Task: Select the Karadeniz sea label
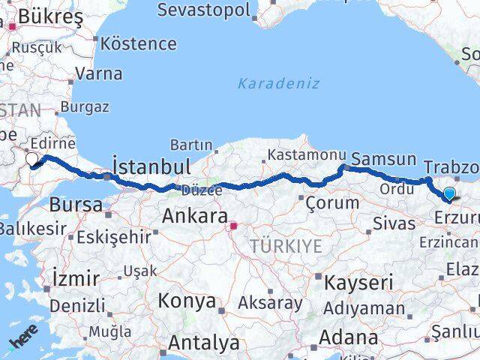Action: tap(279, 83)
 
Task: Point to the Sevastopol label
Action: tap(203, 10)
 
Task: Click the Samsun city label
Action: tap(383, 159)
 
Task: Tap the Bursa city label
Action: tap(75, 204)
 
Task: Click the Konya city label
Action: tap(187, 301)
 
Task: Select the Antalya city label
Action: tap(203, 343)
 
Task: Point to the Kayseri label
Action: tap(358, 283)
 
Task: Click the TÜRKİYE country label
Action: tap(286, 246)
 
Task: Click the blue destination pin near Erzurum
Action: tap(449, 194)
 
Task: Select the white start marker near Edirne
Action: tap(32, 159)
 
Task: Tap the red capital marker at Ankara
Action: tap(234, 224)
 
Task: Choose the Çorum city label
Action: tap(332, 202)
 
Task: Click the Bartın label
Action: tap(191, 144)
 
